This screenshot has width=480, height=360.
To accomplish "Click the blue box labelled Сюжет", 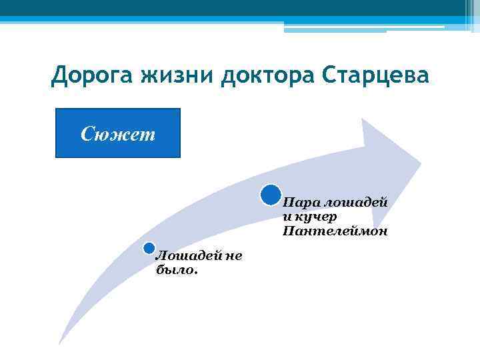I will tap(118, 133).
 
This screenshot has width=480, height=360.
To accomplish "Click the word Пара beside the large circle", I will tap(298, 202).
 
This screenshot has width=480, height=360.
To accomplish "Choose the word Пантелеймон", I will tap(334, 231).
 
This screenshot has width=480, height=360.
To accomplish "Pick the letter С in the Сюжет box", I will tap(87, 133).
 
